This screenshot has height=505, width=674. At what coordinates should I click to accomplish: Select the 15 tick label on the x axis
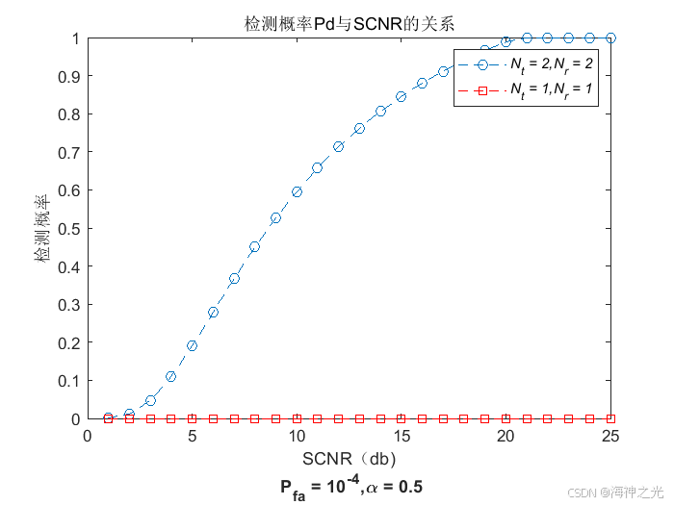[402, 436]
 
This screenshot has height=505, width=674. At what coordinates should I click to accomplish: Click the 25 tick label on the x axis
[610, 436]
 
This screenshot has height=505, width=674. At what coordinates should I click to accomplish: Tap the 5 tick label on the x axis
[193, 436]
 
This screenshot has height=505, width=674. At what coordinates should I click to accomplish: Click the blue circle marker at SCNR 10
[297, 191]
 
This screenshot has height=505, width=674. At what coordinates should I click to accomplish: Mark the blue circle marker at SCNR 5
[193, 345]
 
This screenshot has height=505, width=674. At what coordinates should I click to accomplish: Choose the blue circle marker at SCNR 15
[402, 96]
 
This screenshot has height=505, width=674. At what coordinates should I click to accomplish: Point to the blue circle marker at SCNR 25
[610, 38]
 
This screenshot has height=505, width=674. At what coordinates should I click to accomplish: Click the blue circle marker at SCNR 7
[234, 278]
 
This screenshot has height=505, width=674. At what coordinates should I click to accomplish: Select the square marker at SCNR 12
[339, 418]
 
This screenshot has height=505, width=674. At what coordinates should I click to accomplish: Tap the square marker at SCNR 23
[568, 418]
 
